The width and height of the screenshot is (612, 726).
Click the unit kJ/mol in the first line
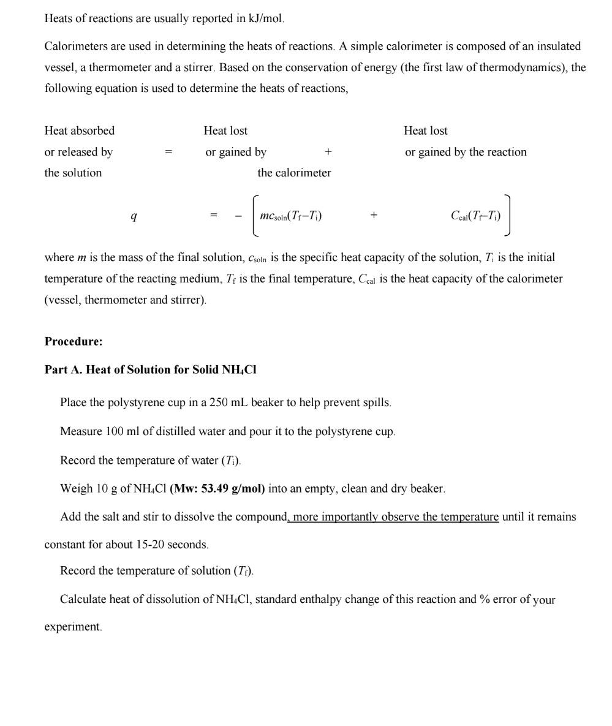(x=265, y=18)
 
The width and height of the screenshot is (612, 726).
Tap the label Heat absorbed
(x=79, y=130)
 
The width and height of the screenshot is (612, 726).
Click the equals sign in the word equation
(x=168, y=152)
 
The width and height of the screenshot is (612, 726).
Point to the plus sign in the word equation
(x=328, y=152)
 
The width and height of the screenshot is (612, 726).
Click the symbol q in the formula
(x=134, y=216)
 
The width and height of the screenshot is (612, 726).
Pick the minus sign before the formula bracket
(x=238, y=216)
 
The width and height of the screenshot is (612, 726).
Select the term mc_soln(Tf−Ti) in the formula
(x=290, y=216)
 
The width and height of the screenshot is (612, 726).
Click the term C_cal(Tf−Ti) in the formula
(x=475, y=216)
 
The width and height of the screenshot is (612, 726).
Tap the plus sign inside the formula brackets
(x=374, y=216)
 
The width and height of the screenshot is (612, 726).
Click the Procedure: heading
(x=74, y=341)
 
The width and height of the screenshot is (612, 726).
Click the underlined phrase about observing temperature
(x=395, y=517)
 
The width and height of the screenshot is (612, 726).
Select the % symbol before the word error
(x=485, y=599)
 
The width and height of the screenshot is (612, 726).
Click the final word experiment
(x=72, y=627)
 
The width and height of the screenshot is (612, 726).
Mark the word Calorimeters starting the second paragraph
(x=76, y=47)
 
